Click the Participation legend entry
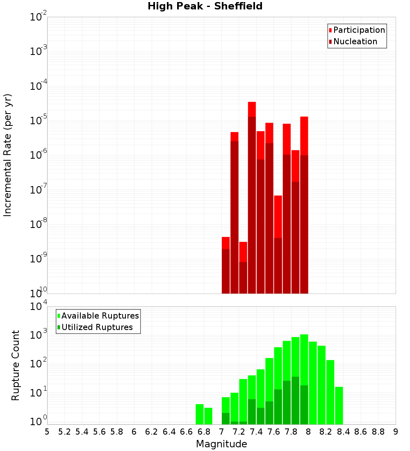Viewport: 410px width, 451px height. (x=359, y=30)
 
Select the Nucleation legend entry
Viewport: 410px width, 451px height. (x=355, y=41)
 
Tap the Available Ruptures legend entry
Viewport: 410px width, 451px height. (x=100, y=316)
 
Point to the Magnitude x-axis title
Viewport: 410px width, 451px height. (x=221, y=444)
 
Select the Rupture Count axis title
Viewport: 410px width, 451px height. (x=16, y=365)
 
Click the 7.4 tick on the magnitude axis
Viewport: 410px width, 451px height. (x=256, y=432)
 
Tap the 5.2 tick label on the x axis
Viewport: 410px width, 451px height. (x=64, y=432)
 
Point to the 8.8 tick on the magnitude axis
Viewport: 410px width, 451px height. (x=378, y=432)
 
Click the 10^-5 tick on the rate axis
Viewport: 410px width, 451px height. (x=38, y=121)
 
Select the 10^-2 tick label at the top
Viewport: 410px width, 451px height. (x=38, y=17)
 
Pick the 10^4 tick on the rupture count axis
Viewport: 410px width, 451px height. (x=38, y=307)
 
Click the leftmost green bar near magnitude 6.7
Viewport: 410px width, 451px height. (x=200, y=414)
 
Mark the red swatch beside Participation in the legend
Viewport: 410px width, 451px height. (x=330, y=30)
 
